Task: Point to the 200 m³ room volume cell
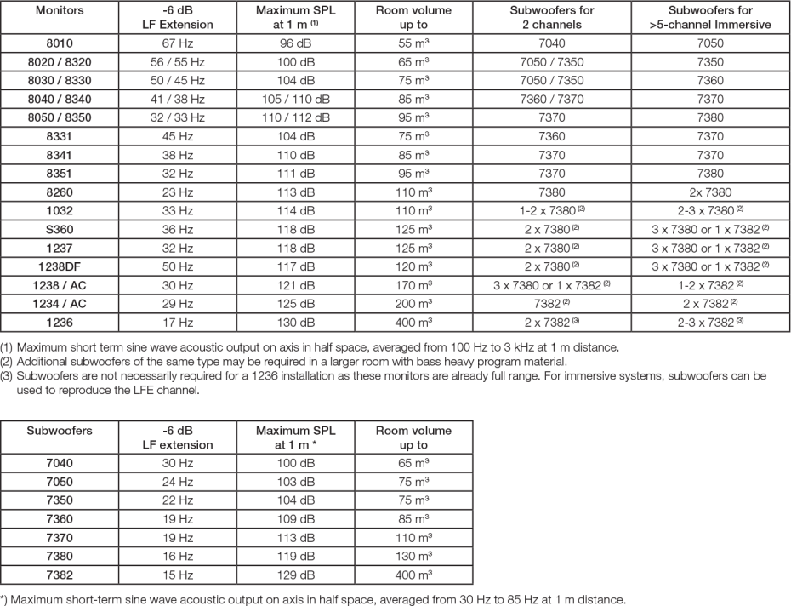click(413, 305)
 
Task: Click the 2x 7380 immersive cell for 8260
click(702, 192)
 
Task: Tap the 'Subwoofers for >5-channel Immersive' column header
click(702, 16)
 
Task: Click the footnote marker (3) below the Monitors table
click(7, 374)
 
